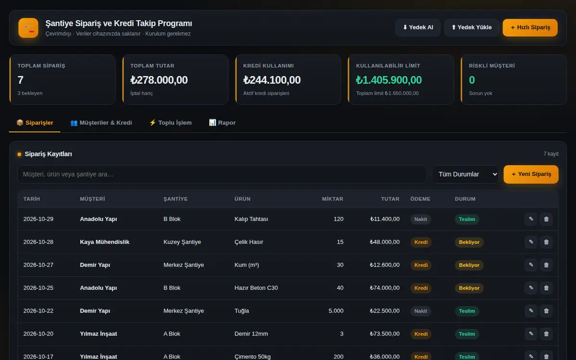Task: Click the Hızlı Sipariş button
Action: [530, 27]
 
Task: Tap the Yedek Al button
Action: [418, 27]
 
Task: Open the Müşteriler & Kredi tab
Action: [101, 123]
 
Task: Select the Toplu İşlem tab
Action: [170, 123]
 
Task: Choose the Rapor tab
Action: [222, 123]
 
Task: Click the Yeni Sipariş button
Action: [531, 174]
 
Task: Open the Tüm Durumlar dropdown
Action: [466, 174]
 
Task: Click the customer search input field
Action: [222, 174]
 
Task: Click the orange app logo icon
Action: [28, 28]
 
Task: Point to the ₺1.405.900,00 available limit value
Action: [389, 80]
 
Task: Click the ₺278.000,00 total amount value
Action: [159, 80]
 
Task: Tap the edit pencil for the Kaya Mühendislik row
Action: [531, 242]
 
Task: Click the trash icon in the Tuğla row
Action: [546, 311]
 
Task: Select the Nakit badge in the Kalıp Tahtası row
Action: [420, 219]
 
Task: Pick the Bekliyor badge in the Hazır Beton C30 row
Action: [469, 288]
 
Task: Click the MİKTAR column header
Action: [333, 199]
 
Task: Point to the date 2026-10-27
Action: [38, 265]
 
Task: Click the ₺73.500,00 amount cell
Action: [384, 334]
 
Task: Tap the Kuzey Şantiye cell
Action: [182, 242]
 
